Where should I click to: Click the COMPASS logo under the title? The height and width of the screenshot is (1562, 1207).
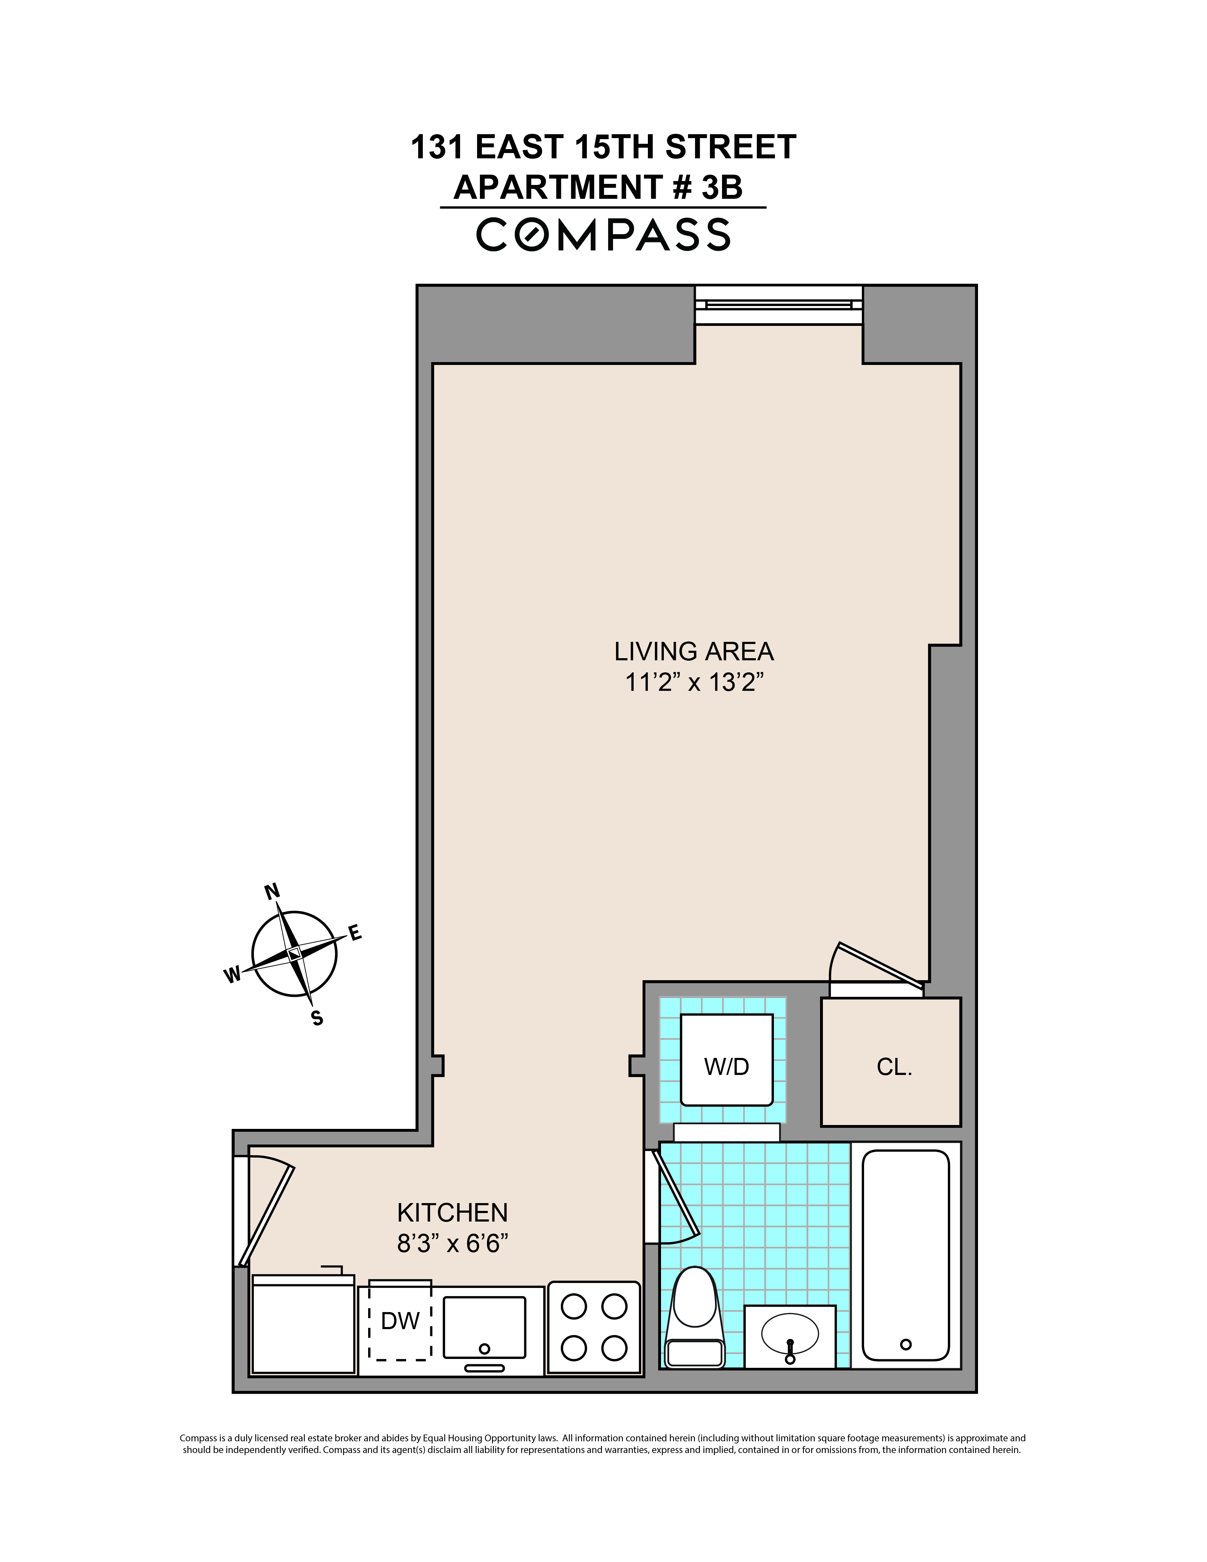coord(603,235)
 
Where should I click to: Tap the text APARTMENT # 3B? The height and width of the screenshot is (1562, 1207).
coord(598,187)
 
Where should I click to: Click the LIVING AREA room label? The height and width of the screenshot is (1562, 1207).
coord(694,651)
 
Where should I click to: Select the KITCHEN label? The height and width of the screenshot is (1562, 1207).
coord(452,1213)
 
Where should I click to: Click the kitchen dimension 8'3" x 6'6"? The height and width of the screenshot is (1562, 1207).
coord(452,1244)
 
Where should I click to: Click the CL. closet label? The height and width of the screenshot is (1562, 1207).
coord(894,1067)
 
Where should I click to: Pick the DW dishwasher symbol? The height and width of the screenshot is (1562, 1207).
coord(400,1320)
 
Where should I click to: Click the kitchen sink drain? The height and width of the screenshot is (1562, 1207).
coord(484,1349)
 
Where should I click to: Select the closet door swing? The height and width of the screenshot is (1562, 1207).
coord(876,967)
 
